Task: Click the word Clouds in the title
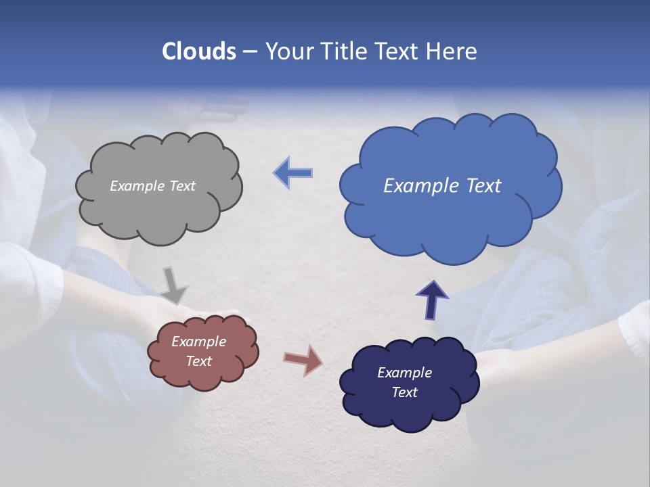199,51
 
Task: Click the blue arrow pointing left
293,173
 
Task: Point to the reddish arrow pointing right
303,360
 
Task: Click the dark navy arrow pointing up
432,300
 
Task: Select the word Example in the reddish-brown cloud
199,342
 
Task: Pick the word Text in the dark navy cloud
405,392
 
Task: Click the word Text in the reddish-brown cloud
199,361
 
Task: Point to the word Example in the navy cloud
405,373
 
